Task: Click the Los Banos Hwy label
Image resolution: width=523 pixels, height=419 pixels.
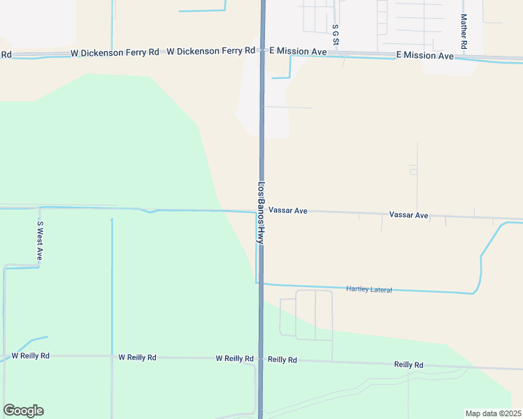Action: coord(261,213)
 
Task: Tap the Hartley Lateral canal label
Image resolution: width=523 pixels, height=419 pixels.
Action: coord(369,289)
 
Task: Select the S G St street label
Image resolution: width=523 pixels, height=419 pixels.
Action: coord(336,36)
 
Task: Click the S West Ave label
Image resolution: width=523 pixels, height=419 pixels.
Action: coord(41,241)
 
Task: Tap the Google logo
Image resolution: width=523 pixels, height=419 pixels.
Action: coord(23,411)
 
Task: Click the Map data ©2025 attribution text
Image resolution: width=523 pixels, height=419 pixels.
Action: coord(493,413)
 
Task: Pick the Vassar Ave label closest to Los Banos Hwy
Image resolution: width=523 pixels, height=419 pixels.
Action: coord(288,209)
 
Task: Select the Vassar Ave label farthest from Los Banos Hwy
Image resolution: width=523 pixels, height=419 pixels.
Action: coord(408,215)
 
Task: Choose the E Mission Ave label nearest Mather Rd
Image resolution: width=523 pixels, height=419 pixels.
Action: coord(424,54)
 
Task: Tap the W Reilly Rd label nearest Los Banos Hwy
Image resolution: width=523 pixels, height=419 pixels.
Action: coord(234,358)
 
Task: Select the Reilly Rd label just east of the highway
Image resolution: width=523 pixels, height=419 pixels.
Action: coord(282,360)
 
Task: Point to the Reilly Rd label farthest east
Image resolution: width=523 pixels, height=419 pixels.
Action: coord(409,365)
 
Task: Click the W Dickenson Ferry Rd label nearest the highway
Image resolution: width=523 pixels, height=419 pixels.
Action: coord(211,51)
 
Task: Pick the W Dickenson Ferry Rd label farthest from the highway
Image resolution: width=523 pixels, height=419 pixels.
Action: coord(115,53)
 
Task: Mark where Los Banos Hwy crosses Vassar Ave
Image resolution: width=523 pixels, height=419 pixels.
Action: coord(261,212)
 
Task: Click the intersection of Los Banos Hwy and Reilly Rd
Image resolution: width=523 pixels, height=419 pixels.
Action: coord(261,359)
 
